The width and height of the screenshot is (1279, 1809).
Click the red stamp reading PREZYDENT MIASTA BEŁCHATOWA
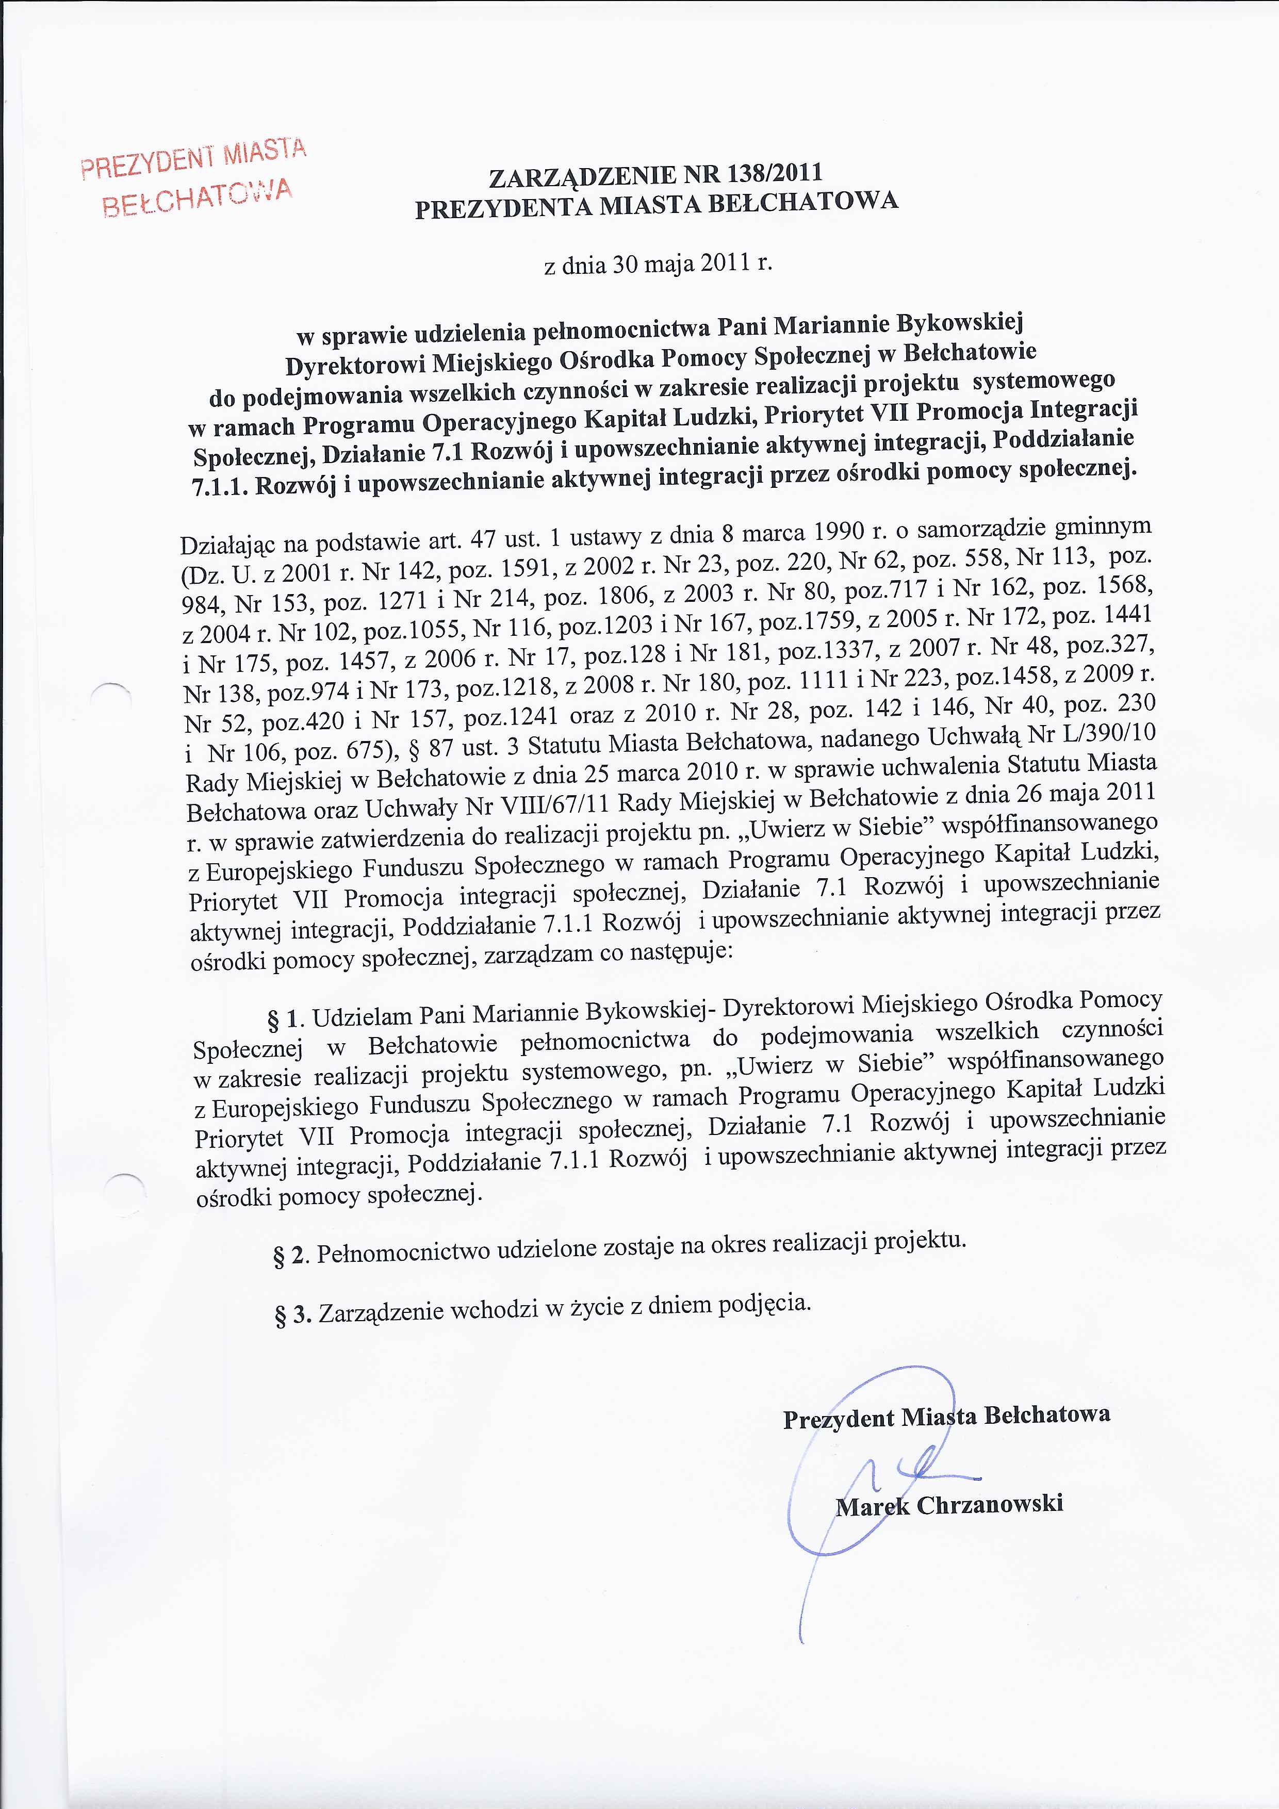(193, 177)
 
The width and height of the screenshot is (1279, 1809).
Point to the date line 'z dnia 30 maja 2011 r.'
(658, 262)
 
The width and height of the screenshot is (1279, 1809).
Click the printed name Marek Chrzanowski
(949, 1504)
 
